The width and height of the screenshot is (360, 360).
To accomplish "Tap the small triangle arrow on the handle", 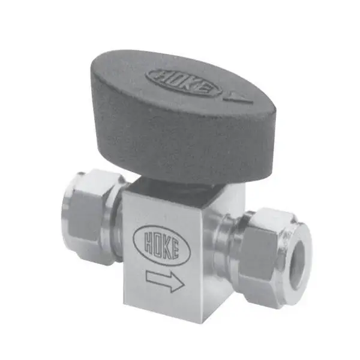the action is (239, 97).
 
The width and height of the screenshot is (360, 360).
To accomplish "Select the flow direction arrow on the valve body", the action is (166, 281).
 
